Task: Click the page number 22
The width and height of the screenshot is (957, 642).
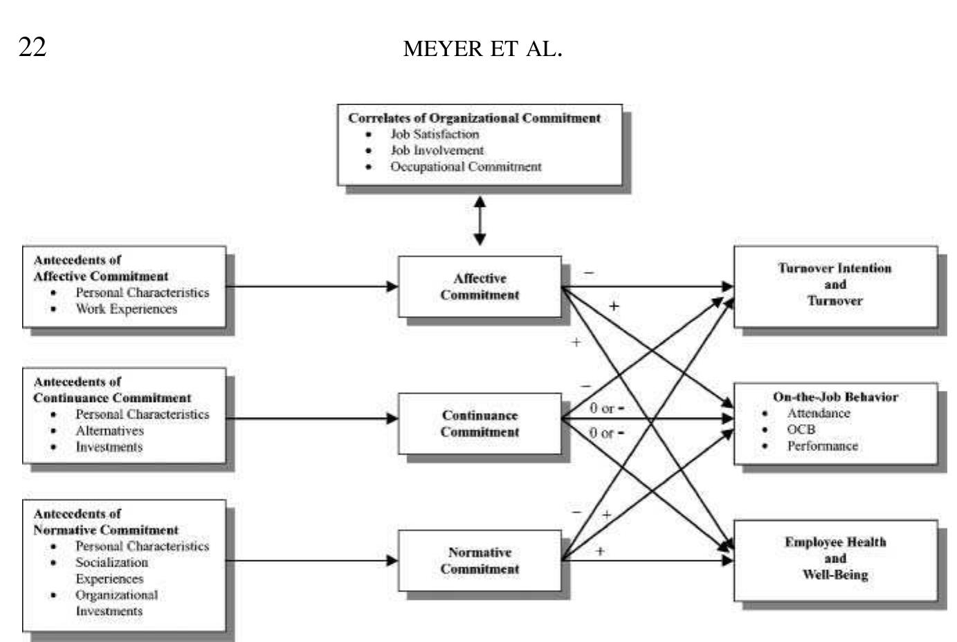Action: coord(33,47)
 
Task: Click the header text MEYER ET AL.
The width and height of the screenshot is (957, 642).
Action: coord(482,48)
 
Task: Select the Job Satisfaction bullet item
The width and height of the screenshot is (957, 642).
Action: coord(434,134)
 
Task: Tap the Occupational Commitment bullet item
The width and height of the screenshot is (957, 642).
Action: coord(465,167)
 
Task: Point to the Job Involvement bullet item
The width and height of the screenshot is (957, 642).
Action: coord(437,150)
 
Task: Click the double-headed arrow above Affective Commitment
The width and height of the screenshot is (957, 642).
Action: coord(480,221)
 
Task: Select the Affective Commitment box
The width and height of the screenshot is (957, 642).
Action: coord(480,286)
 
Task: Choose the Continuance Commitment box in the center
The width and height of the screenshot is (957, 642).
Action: coord(480,423)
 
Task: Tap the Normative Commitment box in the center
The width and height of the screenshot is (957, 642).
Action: coord(480,560)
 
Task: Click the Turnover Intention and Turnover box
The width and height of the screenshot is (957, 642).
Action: coord(835,285)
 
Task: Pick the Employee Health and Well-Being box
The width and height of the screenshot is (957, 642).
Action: coord(835,558)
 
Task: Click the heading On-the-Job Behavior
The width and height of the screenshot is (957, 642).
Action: coord(835,397)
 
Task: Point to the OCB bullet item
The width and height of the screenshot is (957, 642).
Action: coord(801,430)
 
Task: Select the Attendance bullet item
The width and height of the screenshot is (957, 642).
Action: coord(818,413)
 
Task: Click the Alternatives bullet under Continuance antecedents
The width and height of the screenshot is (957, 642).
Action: coord(109,430)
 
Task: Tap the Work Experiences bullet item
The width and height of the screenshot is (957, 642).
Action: coord(126,309)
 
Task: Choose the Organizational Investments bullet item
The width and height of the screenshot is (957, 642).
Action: coord(116,603)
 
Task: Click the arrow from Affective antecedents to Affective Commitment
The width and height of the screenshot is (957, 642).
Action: coord(311,286)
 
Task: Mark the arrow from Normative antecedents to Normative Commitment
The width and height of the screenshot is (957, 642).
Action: coord(311,560)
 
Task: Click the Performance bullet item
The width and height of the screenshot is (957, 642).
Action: coord(822,446)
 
